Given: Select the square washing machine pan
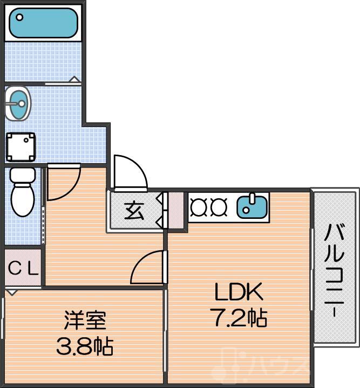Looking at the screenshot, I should click(21, 146).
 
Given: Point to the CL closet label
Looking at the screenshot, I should click(23, 269).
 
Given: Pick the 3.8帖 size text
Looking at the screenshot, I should click(84, 346).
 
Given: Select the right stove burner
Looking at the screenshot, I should click(218, 206).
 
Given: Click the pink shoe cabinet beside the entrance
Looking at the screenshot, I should click(176, 210).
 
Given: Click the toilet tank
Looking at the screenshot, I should click(22, 175).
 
